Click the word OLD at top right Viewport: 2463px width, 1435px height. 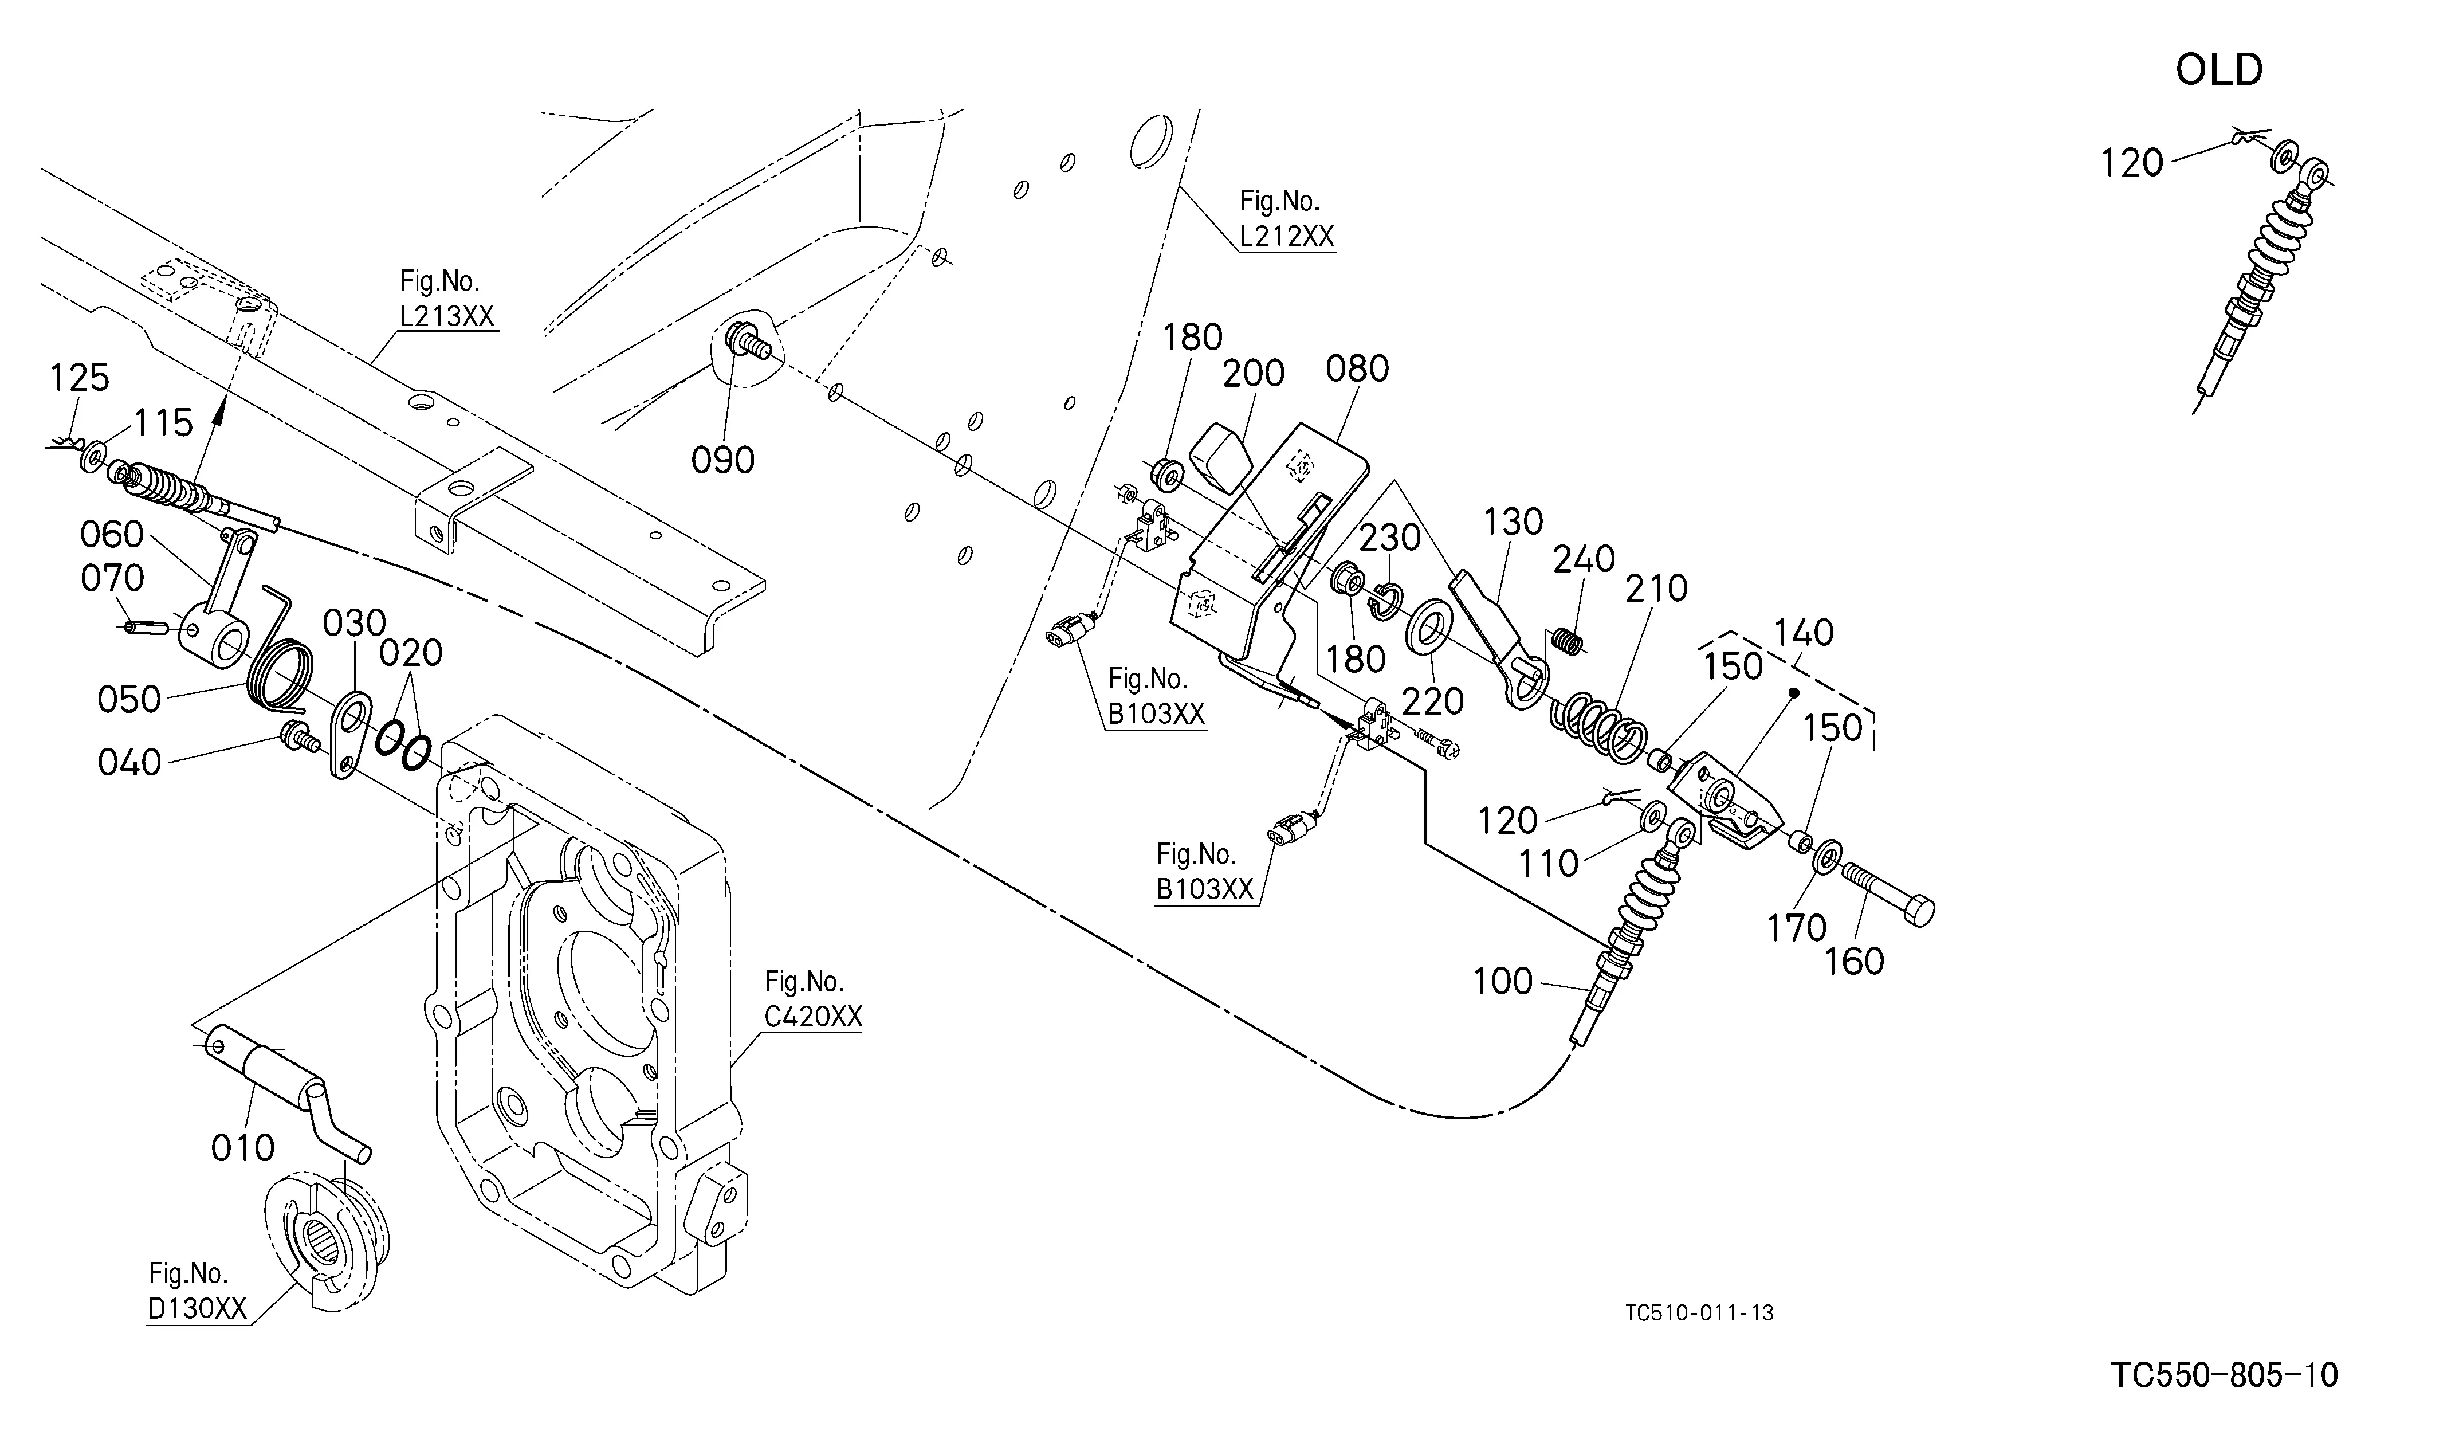click(x=2219, y=70)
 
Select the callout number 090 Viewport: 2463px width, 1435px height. click(x=723, y=460)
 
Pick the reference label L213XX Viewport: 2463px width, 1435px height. click(x=447, y=316)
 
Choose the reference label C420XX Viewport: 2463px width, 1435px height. click(x=813, y=1017)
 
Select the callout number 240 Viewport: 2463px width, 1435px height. click(x=1584, y=559)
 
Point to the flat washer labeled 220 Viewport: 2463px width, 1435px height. click(x=1428, y=628)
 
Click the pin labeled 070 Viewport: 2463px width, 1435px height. click(x=142, y=626)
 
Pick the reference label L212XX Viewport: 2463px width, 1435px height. click(x=1286, y=236)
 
